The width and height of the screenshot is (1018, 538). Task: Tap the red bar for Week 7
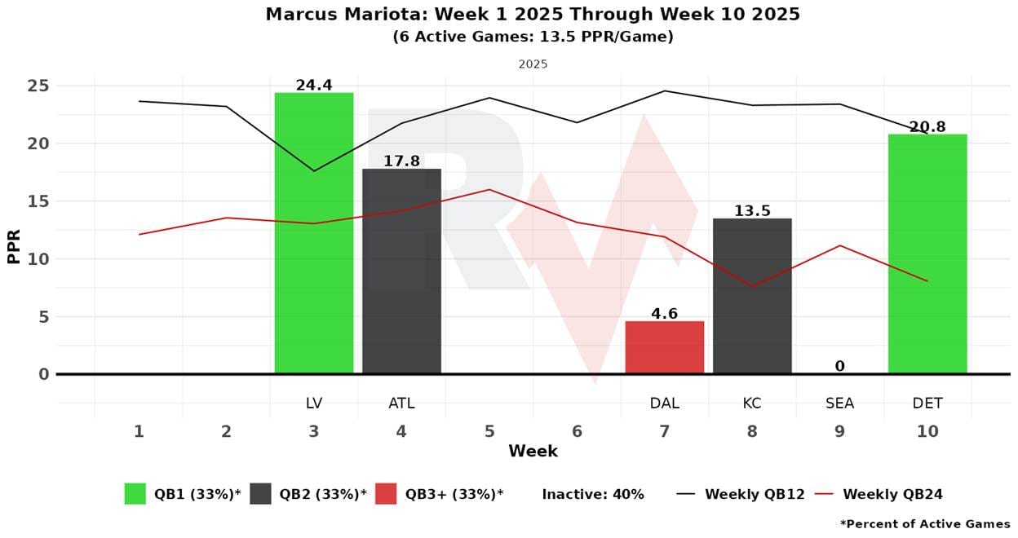tap(664, 348)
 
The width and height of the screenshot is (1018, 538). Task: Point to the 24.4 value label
tap(314, 85)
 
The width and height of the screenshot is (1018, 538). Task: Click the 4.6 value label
tap(664, 314)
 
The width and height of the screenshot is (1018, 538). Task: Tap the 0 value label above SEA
tap(839, 367)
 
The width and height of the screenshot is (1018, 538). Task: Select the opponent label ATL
tap(401, 403)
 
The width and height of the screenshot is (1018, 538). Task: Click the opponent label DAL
tap(664, 403)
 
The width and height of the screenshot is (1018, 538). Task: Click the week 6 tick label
tap(577, 431)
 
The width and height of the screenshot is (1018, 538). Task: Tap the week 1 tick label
tap(139, 431)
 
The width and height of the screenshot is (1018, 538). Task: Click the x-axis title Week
tap(533, 451)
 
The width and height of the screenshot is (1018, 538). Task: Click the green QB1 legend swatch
tap(135, 494)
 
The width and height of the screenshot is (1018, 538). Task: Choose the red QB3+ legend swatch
tap(386, 494)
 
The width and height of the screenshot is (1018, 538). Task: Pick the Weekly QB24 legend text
tap(892, 494)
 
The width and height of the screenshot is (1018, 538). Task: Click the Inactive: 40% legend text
tap(593, 494)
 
